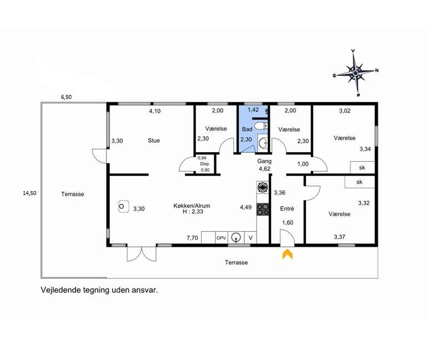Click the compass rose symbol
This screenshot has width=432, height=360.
tap(355, 73)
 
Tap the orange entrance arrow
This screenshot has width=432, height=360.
tap(288, 254)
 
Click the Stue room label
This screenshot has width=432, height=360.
tap(154, 141)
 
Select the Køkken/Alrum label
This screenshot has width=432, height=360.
tap(192, 206)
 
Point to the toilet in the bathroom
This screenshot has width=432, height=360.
tap(261, 126)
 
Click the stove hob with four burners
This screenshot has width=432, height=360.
tap(263, 209)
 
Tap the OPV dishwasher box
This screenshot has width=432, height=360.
tap(221, 238)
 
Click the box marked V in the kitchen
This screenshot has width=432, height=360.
tap(250, 238)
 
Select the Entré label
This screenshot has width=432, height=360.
tap(287, 209)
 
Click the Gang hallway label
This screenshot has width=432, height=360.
tap(264, 161)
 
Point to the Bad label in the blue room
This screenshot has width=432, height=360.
tap(247, 129)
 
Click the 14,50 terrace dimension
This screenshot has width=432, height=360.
tap(29, 193)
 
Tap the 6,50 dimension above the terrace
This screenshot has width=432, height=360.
tap(66, 97)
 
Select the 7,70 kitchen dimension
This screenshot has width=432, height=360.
tap(192, 238)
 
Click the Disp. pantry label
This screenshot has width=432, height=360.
tap(205, 164)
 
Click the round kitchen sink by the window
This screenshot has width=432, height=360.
tap(236, 237)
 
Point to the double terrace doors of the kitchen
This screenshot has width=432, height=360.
tap(142, 254)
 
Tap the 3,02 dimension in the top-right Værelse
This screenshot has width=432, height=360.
tap(345, 111)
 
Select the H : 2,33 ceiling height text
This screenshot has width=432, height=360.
tap(193, 212)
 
